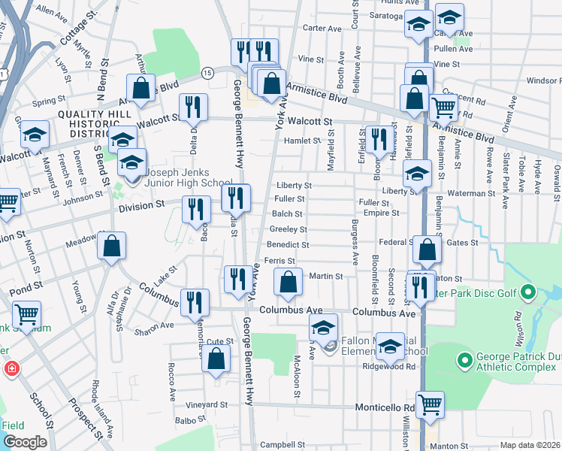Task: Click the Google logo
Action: pos(25,442)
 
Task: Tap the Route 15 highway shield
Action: pos(207,72)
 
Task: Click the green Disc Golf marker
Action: pos(528,292)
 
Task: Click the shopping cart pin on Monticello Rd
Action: pos(430,404)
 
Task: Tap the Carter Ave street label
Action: pos(322,28)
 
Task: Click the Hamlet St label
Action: pos(302,140)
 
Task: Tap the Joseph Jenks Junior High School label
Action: pos(180,183)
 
